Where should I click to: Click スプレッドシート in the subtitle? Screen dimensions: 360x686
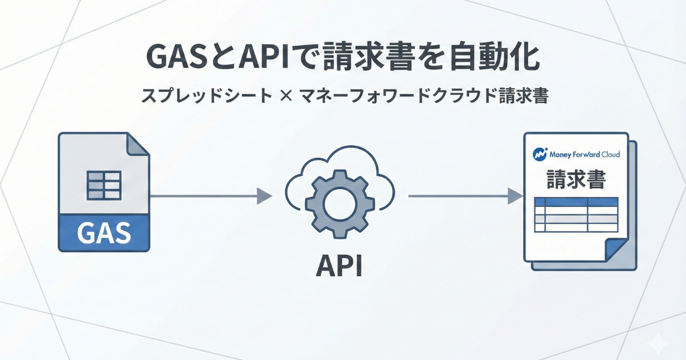tap(206, 96)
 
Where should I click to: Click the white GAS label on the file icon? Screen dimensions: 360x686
tap(103, 233)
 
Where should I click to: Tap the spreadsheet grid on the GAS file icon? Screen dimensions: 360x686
tap(103, 185)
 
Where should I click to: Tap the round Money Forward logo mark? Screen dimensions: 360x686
tap(539, 154)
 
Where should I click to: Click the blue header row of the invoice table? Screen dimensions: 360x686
tap(576, 202)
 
